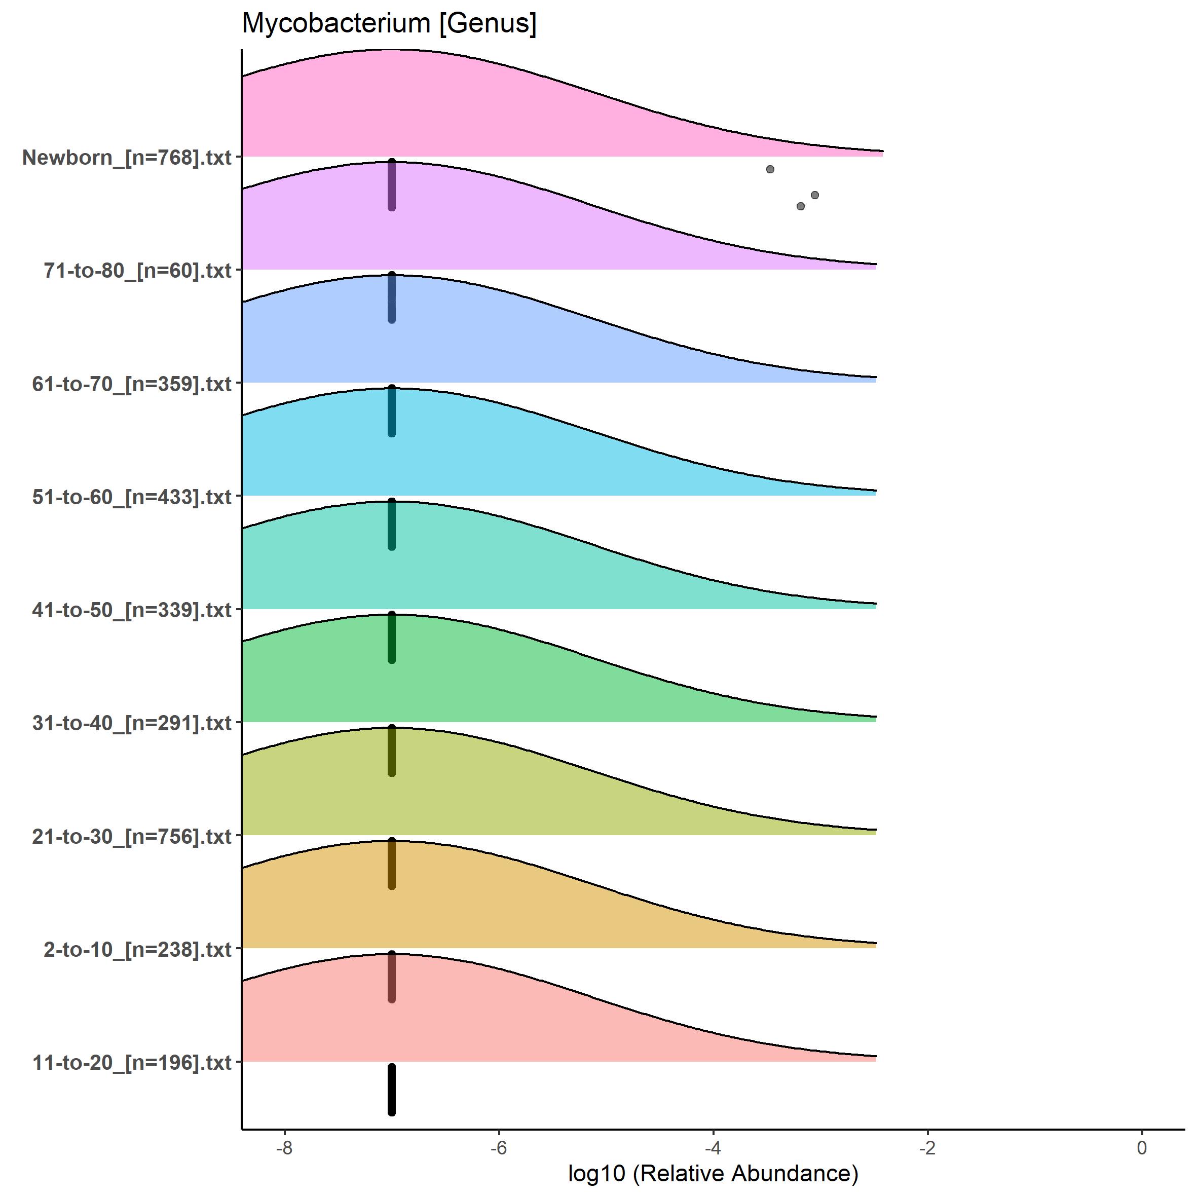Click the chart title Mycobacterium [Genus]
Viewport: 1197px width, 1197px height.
pyautogui.click(x=389, y=23)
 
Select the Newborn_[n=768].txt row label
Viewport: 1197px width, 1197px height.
pyautogui.click(x=127, y=158)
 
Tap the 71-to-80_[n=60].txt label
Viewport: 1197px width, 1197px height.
pyautogui.click(x=137, y=271)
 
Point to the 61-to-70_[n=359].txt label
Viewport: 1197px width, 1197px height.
pyautogui.click(x=132, y=384)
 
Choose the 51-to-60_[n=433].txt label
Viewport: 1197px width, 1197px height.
pyautogui.click(x=132, y=497)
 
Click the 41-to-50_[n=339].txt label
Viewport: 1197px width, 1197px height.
pyautogui.click(x=132, y=610)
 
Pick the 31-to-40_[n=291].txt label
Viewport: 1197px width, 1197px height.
pyautogui.click(x=132, y=723)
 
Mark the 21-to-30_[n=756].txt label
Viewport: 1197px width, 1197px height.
pyautogui.click(x=132, y=836)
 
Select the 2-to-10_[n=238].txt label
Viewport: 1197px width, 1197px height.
pyautogui.click(x=137, y=949)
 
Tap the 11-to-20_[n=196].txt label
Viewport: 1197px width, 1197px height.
pyautogui.click(x=132, y=1063)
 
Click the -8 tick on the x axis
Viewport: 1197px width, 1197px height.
pyautogui.click(x=284, y=1148)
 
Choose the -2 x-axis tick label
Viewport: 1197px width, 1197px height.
pyautogui.click(x=927, y=1148)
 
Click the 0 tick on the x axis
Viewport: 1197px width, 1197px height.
pyautogui.click(x=1142, y=1148)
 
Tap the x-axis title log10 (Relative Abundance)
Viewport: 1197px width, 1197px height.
pyautogui.click(x=713, y=1174)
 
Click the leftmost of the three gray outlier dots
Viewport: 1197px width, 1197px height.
pyautogui.click(x=770, y=169)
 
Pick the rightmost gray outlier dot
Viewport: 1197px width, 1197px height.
pyautogui.click(x=815, y=195)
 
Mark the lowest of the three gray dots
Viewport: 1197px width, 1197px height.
pyautogui.click(x=801, y=206)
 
